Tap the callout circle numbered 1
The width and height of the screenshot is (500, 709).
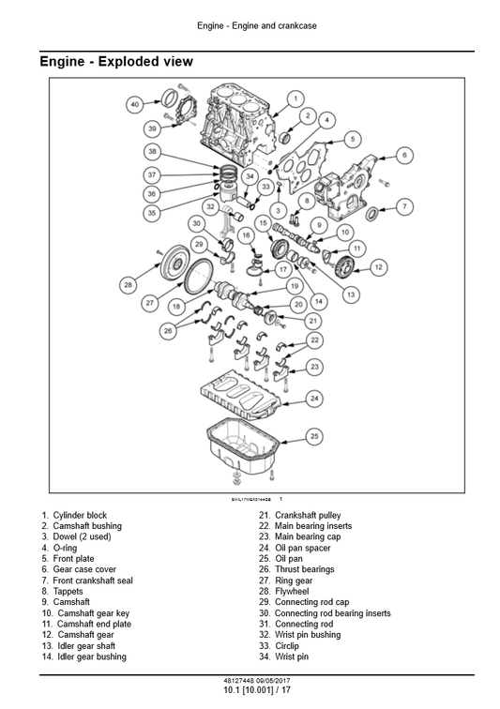[x=295, y=98]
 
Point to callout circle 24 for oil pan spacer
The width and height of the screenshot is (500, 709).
[x=315, y=399]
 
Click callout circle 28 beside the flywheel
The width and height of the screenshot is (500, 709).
[x=128, y=284]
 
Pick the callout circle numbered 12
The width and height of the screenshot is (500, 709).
[x=378, y=267]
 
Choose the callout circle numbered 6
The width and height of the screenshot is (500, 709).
[x=404, y=155]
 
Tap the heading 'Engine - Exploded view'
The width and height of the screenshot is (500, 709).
[x=116, y=62]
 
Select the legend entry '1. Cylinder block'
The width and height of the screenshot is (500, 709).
[x=74, y=515]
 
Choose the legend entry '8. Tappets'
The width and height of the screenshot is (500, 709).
[x=62, y=592]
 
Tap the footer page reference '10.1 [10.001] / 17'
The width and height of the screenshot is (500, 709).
[x=250, y=690]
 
